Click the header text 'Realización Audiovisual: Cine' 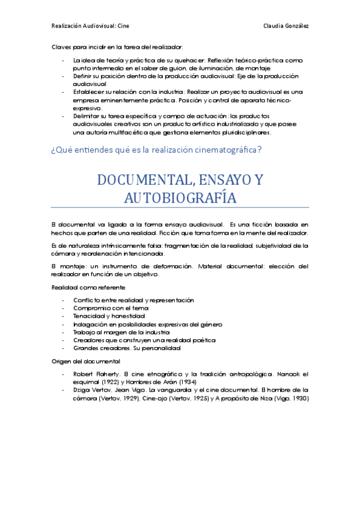90,26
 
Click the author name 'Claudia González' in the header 286,26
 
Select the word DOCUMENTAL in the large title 141,180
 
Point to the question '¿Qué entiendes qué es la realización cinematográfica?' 156,150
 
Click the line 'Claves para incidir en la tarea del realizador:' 117,46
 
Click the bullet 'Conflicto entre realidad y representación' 133,300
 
